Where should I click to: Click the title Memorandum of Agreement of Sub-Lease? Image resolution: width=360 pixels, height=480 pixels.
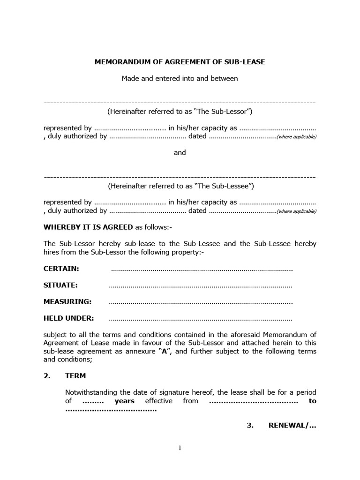(x=180, y=61)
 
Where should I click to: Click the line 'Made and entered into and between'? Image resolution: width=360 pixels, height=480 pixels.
(x=180, y=78)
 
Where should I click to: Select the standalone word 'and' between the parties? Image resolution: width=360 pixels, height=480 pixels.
(x=180, y=152)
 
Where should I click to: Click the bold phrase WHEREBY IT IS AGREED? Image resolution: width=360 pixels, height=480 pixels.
(x=88, y=227)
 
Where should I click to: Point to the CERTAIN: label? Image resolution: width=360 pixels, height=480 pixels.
(x=61, y=269)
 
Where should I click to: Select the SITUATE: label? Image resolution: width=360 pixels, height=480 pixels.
(x=60, y=285)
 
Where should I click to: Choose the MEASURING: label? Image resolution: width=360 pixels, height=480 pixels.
(x=67, y=301)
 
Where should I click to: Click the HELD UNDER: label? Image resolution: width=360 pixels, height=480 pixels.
(x=69, y=318)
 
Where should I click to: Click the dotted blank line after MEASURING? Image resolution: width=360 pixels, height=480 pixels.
(x=201, y=302)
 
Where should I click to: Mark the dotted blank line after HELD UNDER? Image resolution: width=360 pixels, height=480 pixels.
(x=200, y=319)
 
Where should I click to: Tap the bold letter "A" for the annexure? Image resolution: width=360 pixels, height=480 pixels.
(x=165, y=352)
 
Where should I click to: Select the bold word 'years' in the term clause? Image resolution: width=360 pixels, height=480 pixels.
(x=124, y=401)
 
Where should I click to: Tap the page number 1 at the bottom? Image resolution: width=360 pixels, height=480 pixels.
(x=180, y=448)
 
